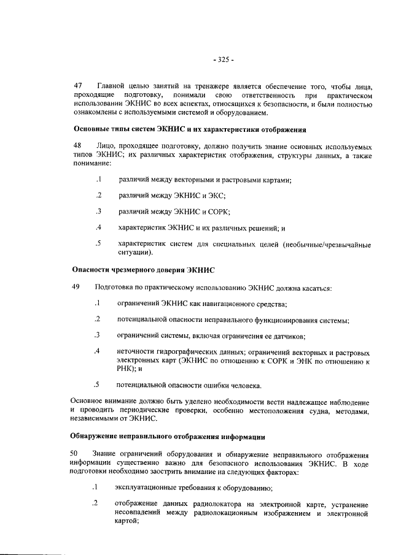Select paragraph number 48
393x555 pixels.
[77, 147]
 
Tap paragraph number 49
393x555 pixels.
[77, 287]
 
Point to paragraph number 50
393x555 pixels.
[77, 454]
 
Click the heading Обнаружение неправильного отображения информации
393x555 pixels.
[168, 437]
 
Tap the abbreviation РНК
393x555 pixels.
[125, 369]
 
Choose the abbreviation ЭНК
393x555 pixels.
[298, 361]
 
